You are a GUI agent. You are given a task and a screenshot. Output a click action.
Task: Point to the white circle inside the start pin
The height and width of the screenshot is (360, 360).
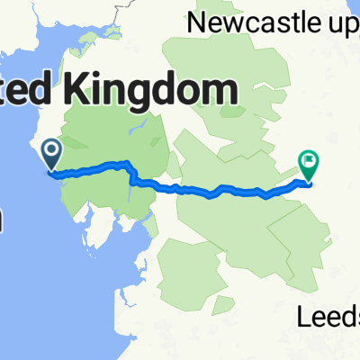49,148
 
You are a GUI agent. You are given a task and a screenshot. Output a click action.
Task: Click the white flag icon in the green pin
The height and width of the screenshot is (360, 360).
309,161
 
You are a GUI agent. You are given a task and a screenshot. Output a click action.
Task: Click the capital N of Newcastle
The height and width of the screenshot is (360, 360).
194,22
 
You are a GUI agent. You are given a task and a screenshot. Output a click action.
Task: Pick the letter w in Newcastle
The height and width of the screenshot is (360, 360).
235,22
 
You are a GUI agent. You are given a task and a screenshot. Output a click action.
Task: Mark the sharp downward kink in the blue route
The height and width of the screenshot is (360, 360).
131,176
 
